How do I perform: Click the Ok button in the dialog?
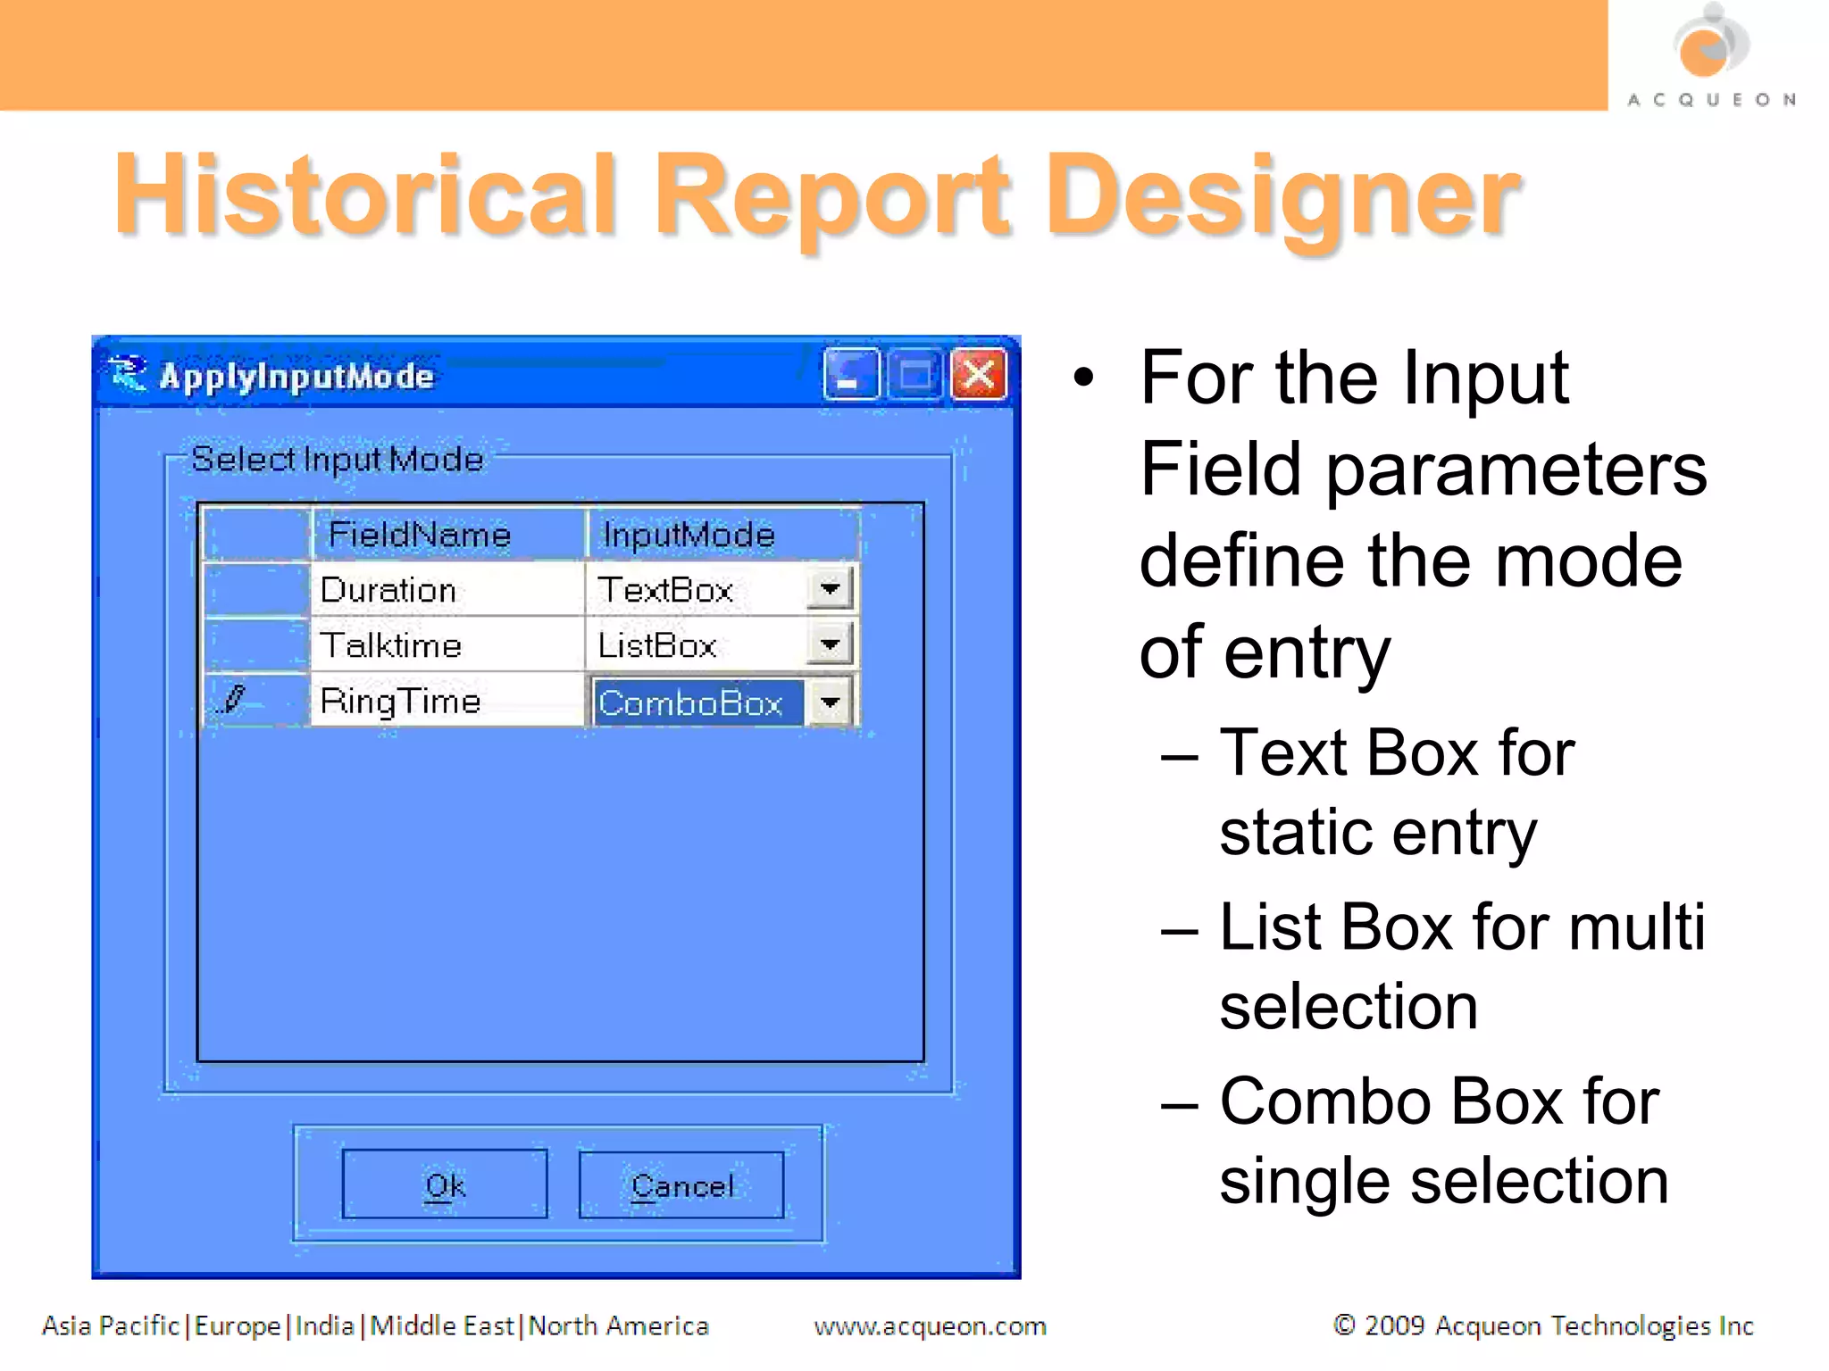pyautogui.click(x=445, y=1184)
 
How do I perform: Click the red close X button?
pyautogui.click(x=979, y=375)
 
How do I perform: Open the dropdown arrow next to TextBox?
pyautogui.click(x=830, y=589)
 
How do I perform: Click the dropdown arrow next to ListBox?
pyautogui.click(x=830, y=644)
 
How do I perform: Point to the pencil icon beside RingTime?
pyautogui.click(x=234, y=700)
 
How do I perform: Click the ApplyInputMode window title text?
pyautogui.click(x=296, y=377)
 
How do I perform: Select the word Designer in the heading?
pyautogui.click(x=1282, y=196)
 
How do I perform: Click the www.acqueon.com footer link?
pyautogui.click(x=930, y=1326)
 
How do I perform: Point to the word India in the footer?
pyautogui.click(x=324, y=1326)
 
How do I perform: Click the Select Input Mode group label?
pyautogui.click(x=338, y=460)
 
